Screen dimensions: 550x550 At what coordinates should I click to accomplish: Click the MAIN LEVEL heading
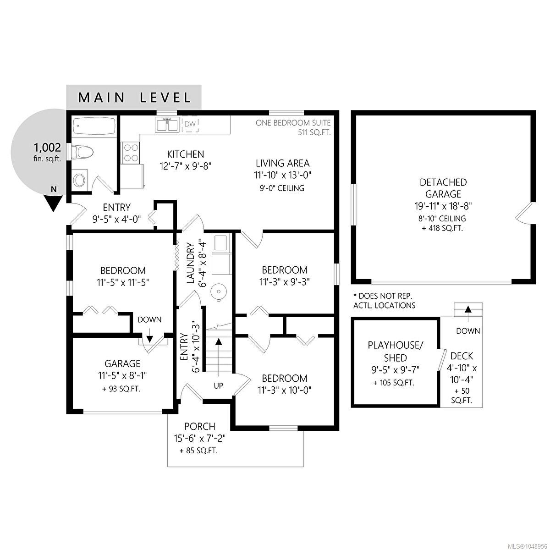click(134, 98)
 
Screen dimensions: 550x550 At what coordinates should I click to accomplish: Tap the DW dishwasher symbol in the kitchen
click(190, 124)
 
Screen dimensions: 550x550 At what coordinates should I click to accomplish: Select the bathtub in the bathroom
click(94, 126)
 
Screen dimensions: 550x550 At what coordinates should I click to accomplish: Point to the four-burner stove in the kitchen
click(131, 153)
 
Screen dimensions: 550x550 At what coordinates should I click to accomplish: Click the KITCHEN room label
click(186, 154)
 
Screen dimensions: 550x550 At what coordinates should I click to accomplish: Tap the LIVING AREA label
click(283, 163)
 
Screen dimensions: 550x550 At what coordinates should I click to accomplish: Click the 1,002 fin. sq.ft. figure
click(47, 152)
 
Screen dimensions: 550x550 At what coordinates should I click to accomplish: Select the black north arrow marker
click(53, 203)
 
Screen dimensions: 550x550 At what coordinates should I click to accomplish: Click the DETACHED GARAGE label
click(443, 188)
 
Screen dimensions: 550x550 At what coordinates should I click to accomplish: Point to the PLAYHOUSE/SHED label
click(395, 352)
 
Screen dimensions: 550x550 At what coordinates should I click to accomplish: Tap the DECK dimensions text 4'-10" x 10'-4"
click(462, 374)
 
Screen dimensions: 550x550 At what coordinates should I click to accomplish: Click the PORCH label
click(200, 426)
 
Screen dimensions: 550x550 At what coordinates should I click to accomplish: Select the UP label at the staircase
click(218, 386)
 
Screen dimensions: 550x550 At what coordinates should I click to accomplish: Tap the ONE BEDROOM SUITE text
click(293, 123)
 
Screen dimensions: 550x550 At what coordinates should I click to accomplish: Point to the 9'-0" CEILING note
click(282, 188)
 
